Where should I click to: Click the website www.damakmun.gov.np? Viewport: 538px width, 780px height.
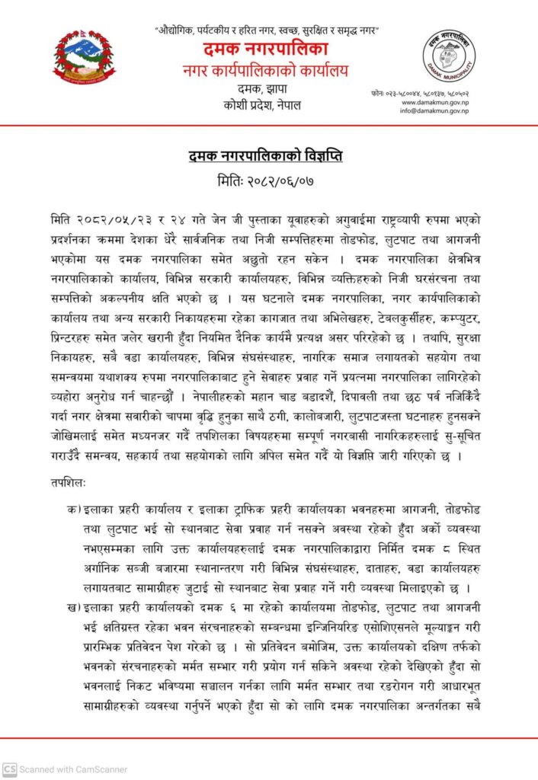pos(435,102)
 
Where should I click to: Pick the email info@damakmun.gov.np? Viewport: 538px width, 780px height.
pos(435,111)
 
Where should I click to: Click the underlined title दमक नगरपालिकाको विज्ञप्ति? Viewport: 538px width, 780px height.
pos(265,156)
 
